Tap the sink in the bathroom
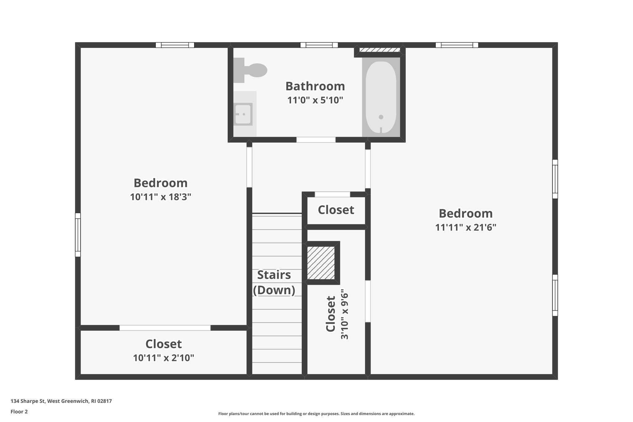point(243,114)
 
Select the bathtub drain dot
point(381,117)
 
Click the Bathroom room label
point(315,86)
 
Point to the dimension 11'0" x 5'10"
point(315,100)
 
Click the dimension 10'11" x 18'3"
point(160,197)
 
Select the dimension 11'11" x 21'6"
point(465,228)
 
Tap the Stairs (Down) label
point(274,282)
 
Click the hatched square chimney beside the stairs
point(321,263)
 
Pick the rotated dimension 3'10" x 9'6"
point(344,314)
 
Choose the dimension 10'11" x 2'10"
point(164,358)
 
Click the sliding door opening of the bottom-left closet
point(165,328)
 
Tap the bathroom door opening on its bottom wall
point(316,140)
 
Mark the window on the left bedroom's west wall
point(78,235)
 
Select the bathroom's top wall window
point(319,45)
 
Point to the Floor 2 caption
point(19,411)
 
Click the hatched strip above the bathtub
point(380,50)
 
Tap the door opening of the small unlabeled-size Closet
point(332,194)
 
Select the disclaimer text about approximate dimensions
point(316,414)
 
